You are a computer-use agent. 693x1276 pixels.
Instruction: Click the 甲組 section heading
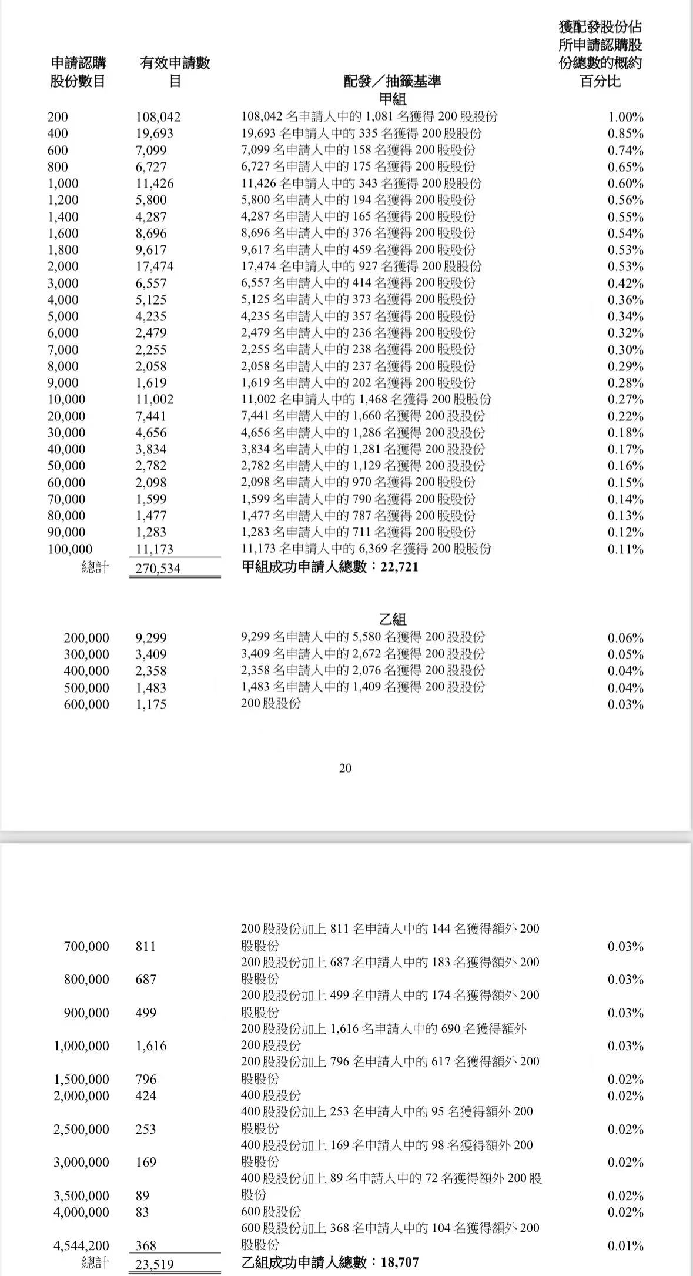[393, 99]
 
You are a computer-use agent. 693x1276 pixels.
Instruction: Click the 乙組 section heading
[393, 620]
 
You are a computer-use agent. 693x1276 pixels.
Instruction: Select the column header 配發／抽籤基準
[392, 81]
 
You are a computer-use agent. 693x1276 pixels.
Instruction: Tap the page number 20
[346, 768]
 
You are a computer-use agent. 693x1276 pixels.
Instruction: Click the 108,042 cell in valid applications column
[158, 117]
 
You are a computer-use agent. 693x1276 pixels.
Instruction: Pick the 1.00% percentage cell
[625, 117]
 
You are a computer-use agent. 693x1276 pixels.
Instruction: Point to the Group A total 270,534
[158, 568]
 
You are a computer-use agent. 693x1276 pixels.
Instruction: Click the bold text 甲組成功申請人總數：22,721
[330, 567]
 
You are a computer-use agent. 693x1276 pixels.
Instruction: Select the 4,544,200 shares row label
[81, 1245]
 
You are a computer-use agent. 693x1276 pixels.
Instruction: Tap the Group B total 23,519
[155, 1264]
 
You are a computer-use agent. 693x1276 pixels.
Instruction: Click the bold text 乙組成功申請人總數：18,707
[330, 1262]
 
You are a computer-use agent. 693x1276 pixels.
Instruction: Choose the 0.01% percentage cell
[625, 1245]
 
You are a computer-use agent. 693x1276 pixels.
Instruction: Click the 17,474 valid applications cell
[155, 266]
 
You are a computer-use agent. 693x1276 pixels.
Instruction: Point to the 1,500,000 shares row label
[81, 1079]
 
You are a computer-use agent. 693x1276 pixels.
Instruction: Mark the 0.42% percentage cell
[625, 283]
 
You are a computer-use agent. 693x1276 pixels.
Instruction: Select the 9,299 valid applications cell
[151, 637]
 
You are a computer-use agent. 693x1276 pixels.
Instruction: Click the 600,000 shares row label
[86, 704]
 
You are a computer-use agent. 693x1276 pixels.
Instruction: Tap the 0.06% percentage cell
[625, 638]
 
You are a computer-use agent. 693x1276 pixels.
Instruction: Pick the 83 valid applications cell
[142, 1212]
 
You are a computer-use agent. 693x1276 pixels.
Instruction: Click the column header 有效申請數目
[175, 72]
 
